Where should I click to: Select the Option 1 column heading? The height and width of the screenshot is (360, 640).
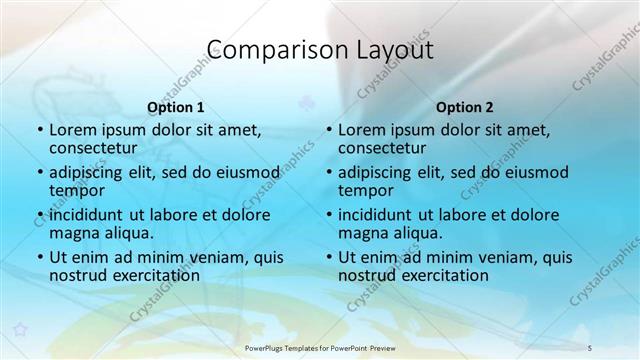(175, 107)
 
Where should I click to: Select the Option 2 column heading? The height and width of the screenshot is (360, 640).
(464, 107)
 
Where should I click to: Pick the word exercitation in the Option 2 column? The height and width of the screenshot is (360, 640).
(442, 275)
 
